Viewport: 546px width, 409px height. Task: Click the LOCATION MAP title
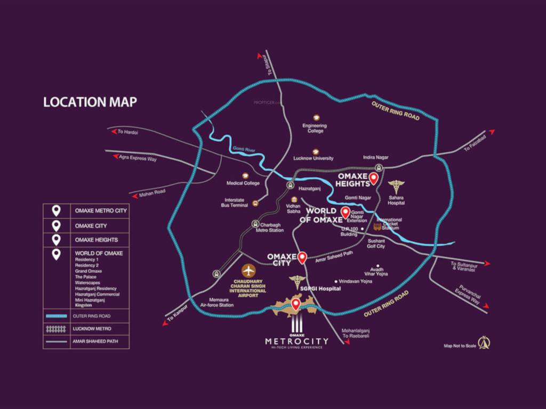[x=90, y=102]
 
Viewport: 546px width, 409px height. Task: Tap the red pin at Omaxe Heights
[x=374, y=178]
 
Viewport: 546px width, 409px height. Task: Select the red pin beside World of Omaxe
[x=345, y=214]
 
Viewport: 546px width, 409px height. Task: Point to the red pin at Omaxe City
[x=302, y=257]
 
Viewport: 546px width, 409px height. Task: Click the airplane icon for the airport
[x=248, y=271]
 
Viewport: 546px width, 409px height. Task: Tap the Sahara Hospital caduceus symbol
[x=396, y=187]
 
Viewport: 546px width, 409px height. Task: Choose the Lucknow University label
[x=314, y=158]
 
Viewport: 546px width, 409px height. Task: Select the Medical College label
[x=243, y=183]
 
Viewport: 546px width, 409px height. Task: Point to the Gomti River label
[x=244, y=150]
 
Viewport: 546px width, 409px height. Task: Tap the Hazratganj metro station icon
[x=290, y=185]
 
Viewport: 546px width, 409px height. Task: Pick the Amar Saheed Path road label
[x=335, y=256]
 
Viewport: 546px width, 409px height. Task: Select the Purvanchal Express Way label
[x=468, y=296]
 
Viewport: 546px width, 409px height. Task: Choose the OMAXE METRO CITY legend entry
[x=100, y=211]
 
